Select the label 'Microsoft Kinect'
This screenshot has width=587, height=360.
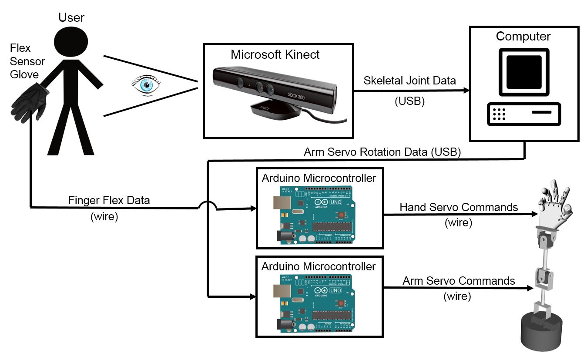tap(275, 55)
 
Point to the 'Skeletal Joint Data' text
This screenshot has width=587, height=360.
tap(409, 81)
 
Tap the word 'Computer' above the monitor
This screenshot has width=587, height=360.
tap(523, 37)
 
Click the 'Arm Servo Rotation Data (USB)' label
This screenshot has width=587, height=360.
tap(382, 152)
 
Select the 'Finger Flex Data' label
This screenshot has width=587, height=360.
tap(109, 201)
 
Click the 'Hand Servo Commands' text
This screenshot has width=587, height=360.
tap(459, 207)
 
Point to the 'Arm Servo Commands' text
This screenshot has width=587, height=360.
tap(459, 281)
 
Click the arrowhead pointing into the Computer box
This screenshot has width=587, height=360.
tap(466, 91)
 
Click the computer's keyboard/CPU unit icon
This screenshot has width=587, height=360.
tap(524, 114)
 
